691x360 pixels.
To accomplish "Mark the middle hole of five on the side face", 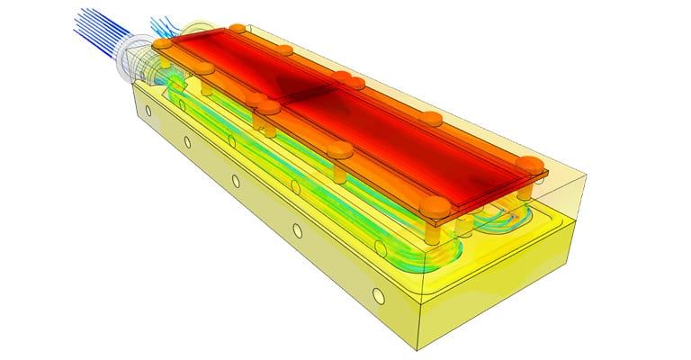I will click(236, 181).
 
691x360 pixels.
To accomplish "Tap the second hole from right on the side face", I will click(298, 230).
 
